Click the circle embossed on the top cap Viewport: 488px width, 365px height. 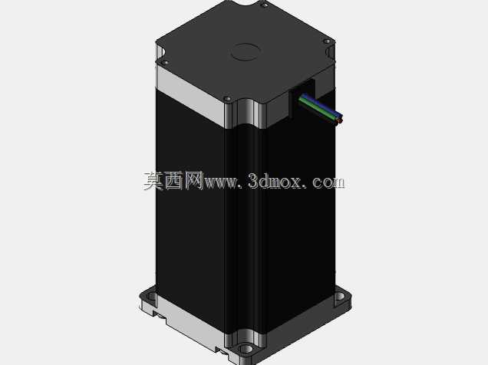pos(246,51)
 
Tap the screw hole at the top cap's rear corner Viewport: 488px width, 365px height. pos(265,5)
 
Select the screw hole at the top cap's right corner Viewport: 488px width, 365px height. pos(327,41)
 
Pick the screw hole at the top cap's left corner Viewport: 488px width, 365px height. pos(166,62)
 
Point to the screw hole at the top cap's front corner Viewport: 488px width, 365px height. pos(228,99)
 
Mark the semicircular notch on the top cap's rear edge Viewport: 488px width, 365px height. pos(248,3)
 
